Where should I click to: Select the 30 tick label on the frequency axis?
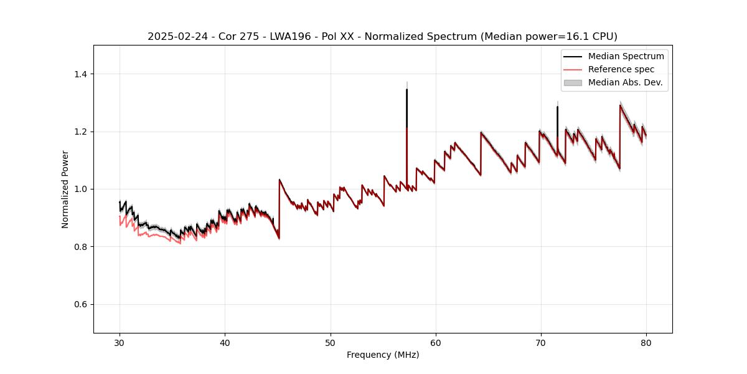(120, 342)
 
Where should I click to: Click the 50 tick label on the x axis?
(331, 342)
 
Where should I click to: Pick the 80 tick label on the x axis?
(646, 342)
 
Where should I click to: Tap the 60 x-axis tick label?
(436, 342)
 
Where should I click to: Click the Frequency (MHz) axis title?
(383, 355)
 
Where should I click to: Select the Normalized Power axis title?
(65, 189)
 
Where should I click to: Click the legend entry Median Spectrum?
(626, 56)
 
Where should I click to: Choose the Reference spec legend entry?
(621, 69)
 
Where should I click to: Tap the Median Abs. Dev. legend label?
(625, 82)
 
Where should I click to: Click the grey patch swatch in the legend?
(573, 82)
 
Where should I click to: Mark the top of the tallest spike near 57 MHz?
(406, 89)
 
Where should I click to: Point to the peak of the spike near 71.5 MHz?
(557, 107)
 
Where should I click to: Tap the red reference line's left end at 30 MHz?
(120, 218)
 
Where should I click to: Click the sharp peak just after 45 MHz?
(280, 180)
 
